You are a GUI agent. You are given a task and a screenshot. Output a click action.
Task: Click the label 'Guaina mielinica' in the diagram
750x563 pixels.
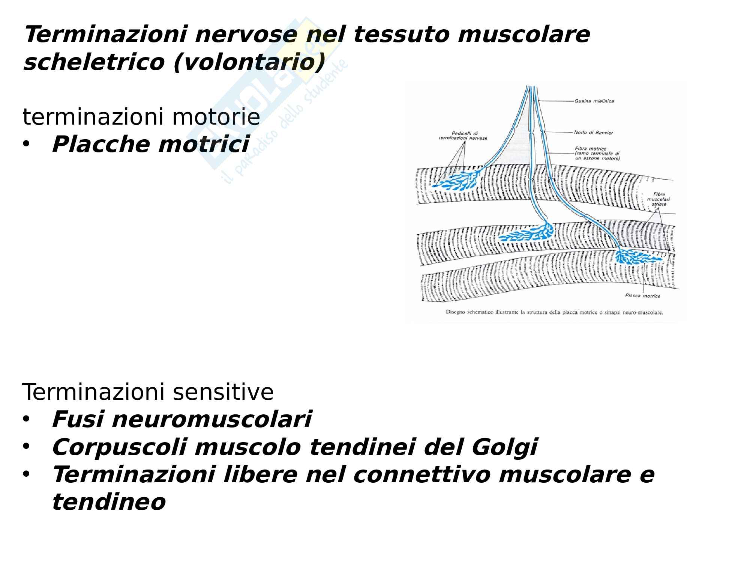click(x=594, y=101)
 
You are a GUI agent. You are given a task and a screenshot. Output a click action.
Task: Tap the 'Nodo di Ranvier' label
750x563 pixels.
click(x=593, y=132)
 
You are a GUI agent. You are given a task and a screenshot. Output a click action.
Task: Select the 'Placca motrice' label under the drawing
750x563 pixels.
click(x=642, y=296)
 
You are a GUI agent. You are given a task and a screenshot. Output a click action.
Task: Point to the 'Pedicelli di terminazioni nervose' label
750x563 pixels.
click(x=463, y=136)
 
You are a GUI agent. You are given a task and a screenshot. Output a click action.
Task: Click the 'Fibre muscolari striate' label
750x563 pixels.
click(x=659, y=199)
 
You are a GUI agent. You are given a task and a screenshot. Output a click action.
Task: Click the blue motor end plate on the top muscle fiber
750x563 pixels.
click(x=456, y=181)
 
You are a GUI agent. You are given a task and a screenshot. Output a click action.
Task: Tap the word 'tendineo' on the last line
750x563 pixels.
click(x=109, y=502)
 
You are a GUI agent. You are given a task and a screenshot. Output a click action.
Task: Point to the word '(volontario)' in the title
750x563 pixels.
click(x=249, y=62)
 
